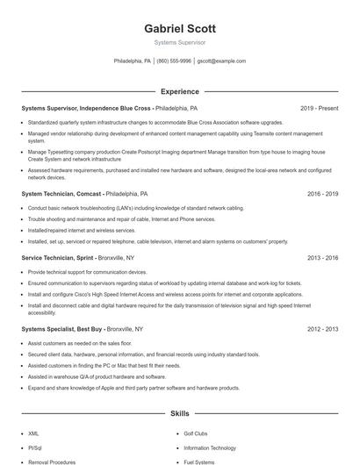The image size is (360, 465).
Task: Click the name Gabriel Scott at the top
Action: [x=180, y=28]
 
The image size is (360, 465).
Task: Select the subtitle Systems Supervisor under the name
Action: [x=180, y=42]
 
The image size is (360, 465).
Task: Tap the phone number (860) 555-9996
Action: [x=174, y=61]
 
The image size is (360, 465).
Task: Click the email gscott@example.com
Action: [x=221, y=61]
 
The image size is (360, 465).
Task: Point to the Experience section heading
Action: [x=180, y=91]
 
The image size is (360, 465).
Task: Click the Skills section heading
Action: [x=180, y=412]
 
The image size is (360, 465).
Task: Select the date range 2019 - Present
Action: [x=319, y=108]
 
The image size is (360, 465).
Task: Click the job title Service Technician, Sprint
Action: [x=58, y=258]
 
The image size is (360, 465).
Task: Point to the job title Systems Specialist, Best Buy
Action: [x=64, y=328]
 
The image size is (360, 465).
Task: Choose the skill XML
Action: [x=33, y=433]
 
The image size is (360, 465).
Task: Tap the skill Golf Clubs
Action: [x=195, y=433]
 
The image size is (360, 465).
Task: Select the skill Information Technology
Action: [x=211, y=447]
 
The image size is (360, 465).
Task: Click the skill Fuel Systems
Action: [x=198, y=461]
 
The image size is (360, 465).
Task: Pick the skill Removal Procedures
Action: [x=50, y=461]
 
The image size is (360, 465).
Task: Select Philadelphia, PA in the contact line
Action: [x=133, y=61]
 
